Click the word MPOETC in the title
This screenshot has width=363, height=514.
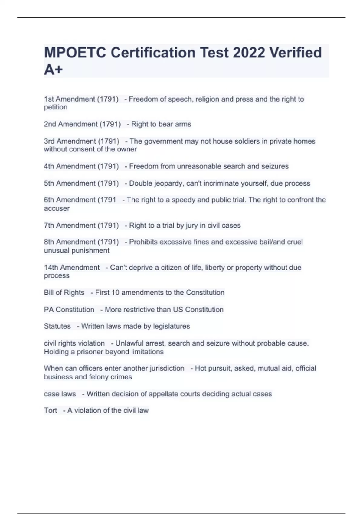(75, 53)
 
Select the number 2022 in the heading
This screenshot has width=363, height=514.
(248, 53)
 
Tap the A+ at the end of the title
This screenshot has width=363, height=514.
(53, 70)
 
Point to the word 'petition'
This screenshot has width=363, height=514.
(56, 107)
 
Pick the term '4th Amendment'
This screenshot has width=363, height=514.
(70, 166)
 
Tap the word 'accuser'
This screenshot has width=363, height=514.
(57, 208)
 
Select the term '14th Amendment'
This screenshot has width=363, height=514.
(72, 268)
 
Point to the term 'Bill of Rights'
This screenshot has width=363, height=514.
(64, 293)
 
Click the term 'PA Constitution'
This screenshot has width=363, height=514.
(69, 310)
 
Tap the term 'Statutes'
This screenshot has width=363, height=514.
(57, 326)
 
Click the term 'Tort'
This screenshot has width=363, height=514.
(50, 411)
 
